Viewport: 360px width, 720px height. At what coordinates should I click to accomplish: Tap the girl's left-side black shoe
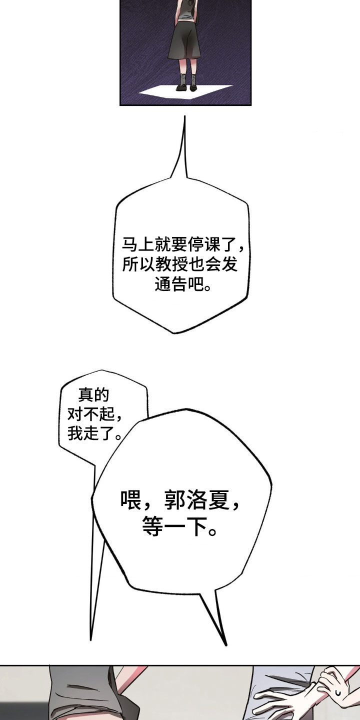(x=181, y=88)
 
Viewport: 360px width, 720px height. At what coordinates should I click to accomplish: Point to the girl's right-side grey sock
(x=193, y=79)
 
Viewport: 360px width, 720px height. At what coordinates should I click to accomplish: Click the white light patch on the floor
(x=185, y=92)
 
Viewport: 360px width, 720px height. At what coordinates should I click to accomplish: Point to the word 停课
(x=204, y=245)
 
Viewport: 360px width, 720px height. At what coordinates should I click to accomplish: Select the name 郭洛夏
(x=196, y=500)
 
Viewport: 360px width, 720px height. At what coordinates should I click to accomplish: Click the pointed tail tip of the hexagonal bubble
(x=185, y=116)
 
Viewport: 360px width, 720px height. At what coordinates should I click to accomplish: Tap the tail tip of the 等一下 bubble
(x=226, y=645)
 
